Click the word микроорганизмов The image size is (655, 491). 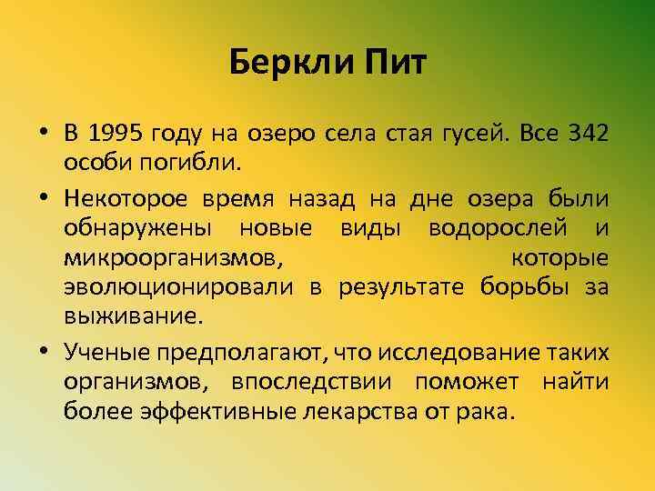click(x=172, y=257)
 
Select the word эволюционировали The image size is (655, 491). click(x=178, y=288)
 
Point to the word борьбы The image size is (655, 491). click(x=526, y=288)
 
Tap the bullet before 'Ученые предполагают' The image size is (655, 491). click(x=44, y=351)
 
